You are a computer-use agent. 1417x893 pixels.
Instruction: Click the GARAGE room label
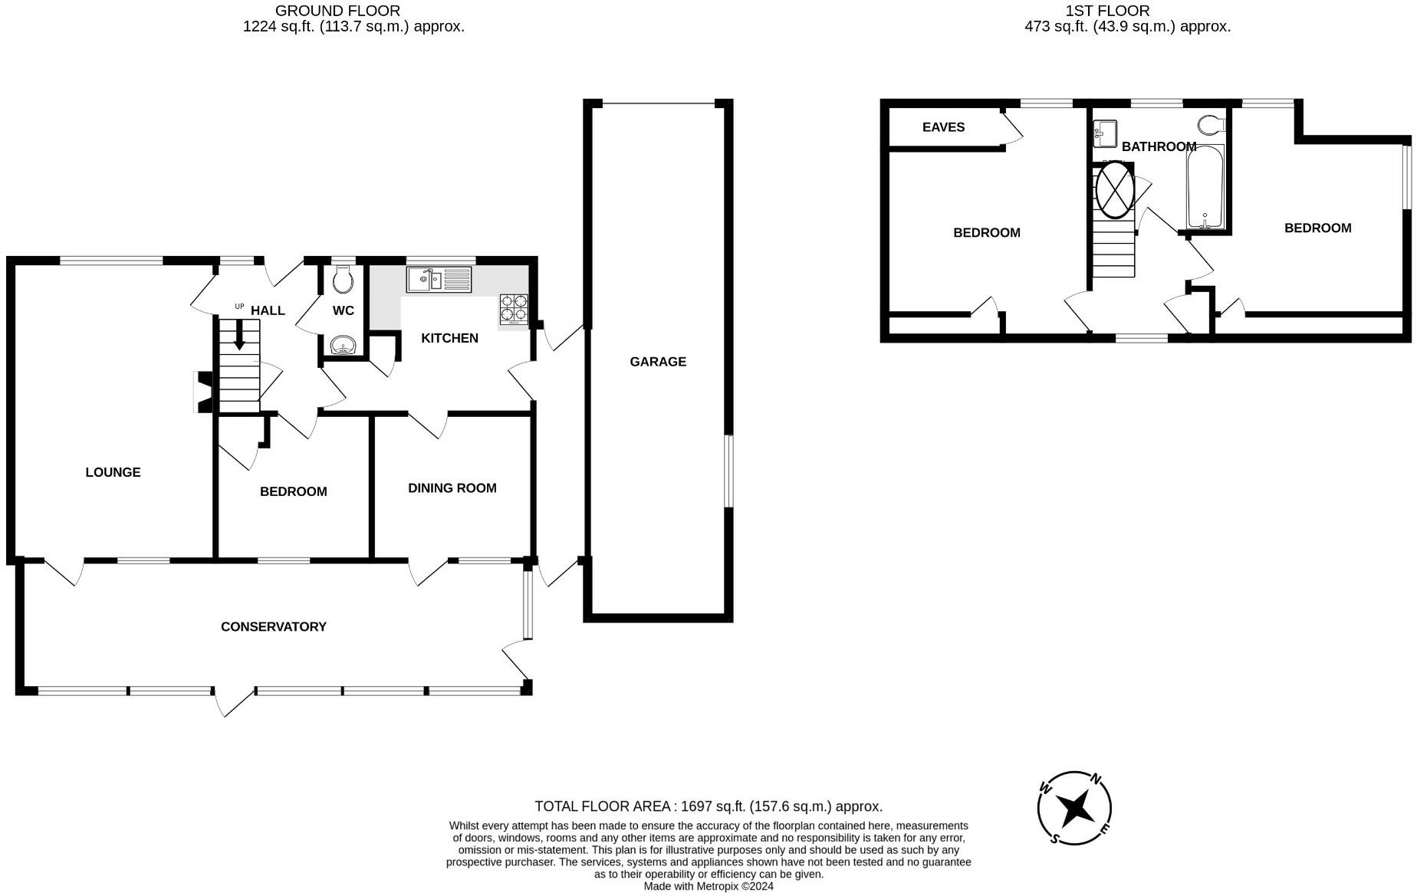[658, 362]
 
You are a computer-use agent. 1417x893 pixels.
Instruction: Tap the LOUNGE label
[113, 472]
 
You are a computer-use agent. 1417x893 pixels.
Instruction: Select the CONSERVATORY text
[274, 627]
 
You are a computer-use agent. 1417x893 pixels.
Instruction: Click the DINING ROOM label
[452, 488]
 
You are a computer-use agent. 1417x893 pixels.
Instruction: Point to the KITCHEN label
[450, 338]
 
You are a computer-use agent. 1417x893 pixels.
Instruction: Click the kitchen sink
[439, 279]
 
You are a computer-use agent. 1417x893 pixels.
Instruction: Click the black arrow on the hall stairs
[239, 334]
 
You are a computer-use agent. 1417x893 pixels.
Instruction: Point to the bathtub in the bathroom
[1205, 187]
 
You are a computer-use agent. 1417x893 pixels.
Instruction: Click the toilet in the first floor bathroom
[1210, 125]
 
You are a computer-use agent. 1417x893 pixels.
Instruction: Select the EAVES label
[944, 127]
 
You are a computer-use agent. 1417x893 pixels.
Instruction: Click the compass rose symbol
[1075, 808]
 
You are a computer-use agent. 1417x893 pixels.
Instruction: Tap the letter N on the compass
[1096, 780]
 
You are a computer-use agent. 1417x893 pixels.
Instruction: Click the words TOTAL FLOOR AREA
[604, 806]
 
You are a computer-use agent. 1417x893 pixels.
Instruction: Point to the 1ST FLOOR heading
[1107, 11]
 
